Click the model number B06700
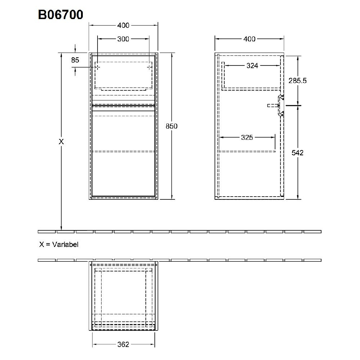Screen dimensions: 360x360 pos(61,15)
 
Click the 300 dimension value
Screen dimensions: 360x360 pos(123,39)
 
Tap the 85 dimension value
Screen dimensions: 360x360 pos(75,60)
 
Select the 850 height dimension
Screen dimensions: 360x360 pos(172,126)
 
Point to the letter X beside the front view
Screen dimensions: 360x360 pos(61,142)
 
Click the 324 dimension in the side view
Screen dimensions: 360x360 pos(252,66)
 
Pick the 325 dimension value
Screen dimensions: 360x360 pos(247,137)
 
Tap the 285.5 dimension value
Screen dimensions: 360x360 pos(297,81)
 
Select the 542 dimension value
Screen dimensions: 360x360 pos(297,153)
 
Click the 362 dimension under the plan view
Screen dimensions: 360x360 pos(123,345)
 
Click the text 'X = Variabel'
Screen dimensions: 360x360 pos(59,244)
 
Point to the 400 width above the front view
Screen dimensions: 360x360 pos(123,26)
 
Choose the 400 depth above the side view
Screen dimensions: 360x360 pos(249,39)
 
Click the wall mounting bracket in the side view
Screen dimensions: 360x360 pos(280,105)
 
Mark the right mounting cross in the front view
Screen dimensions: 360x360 pos(149,67)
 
